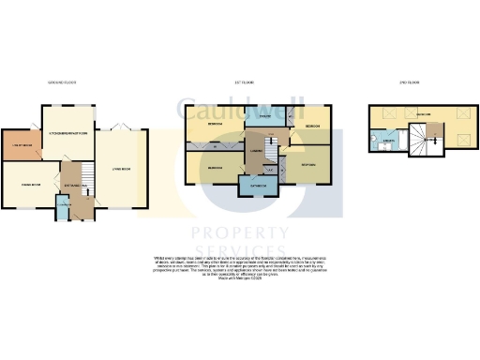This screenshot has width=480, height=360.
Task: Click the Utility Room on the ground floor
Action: click(22, 145)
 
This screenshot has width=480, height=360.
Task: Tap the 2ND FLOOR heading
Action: click(409, 83)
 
